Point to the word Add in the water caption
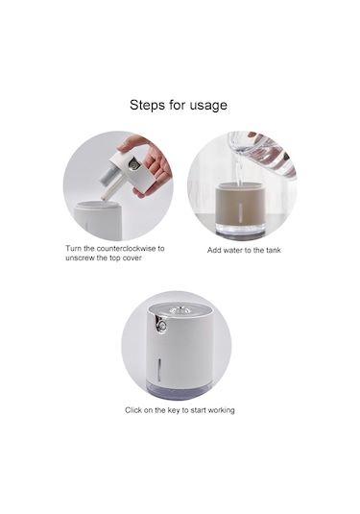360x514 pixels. (213, 250)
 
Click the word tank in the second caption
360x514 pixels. (274, 250)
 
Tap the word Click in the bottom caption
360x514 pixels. (133, 410)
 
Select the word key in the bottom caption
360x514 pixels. (174, 410)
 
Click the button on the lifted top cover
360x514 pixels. (133, 163)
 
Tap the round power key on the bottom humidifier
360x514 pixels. (161, 326)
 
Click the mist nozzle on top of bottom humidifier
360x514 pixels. (178, 309)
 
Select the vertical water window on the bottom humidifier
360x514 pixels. (160, 369)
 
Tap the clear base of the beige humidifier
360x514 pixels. (241, 229)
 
